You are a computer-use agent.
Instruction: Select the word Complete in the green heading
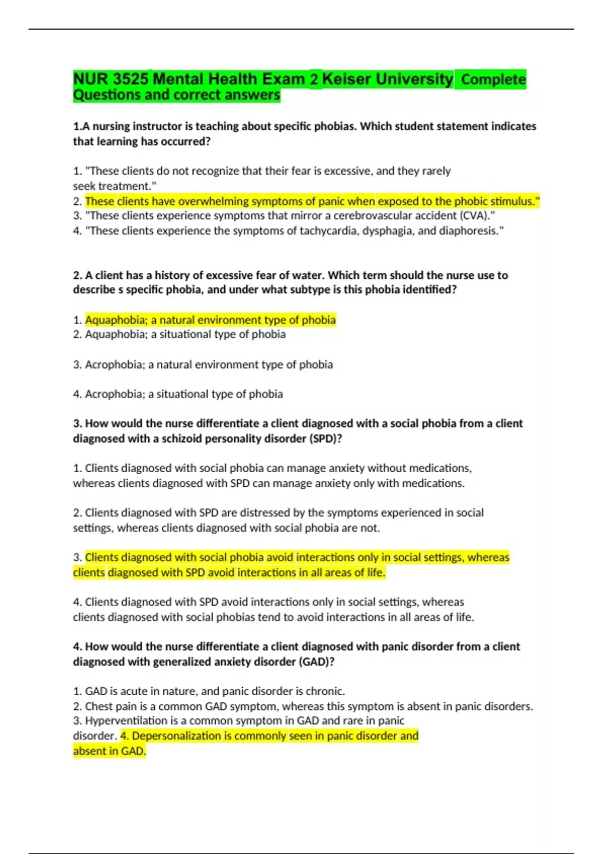493,79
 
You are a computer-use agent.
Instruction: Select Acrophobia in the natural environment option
114,365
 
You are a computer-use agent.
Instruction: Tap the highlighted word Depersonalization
176,736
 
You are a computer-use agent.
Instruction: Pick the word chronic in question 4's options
326,691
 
